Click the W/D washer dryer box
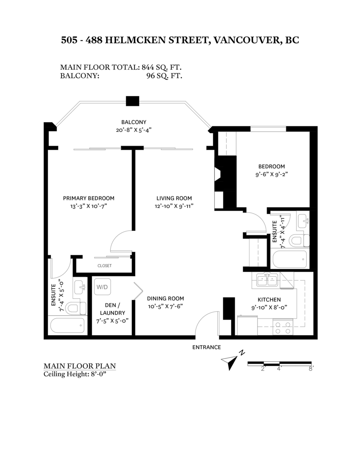pos(103,287)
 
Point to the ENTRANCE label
pos(207,347)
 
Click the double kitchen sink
pos(267,279)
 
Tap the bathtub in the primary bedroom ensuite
pos(68,325)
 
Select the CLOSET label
pos(104,266)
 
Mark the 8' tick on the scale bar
pos(311,369)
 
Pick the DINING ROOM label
pos(165,299)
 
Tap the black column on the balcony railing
pos(132,101)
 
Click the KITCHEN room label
pos(269,299)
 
